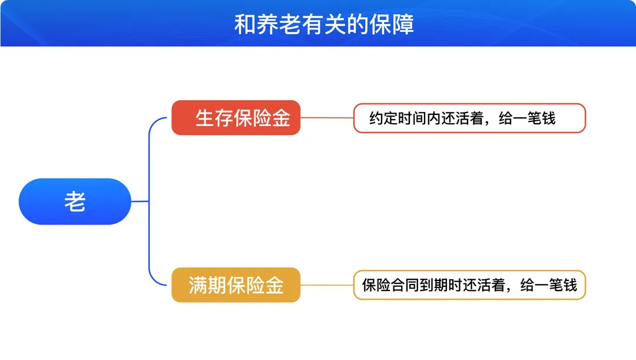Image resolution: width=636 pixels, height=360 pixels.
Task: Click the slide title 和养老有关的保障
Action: coord(324,24)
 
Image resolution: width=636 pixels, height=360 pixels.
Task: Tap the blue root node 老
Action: coord(75,202)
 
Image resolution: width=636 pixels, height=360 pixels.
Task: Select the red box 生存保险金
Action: coord(236,118)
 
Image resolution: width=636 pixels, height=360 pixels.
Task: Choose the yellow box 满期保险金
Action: coord(236,285)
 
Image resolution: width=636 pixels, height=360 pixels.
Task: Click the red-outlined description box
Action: coord(469,118)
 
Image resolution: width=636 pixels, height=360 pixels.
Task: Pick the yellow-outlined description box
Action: coord(469,285)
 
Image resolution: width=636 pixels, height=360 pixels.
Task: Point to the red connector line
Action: coord(327,118)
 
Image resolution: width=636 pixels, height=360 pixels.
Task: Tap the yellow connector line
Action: coord(327,285)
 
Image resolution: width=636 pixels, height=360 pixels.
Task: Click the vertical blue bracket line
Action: coord(149,202)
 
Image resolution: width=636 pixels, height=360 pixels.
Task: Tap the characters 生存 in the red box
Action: coord(214,118)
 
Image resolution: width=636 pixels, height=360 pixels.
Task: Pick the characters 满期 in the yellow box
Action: coord(207,285)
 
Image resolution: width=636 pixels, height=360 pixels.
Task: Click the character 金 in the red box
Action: coord(281,118)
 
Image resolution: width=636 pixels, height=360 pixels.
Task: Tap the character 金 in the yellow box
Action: coord(274,285)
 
